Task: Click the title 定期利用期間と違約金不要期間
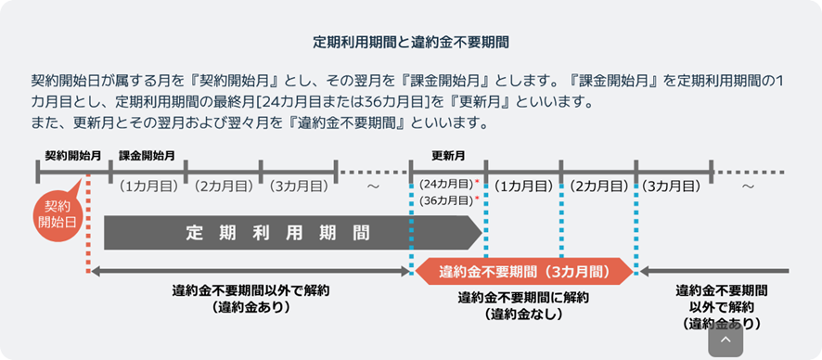click(x=411, y=42)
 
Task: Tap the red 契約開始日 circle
click(x=58, y=215)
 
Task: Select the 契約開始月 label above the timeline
click(x=72, y=156)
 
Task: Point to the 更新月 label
click(x=448, y=156)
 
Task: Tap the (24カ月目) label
click(x=445, y=184)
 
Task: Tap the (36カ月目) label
click(x=445, y=199)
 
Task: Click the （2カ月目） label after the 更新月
click(x=598, y=186)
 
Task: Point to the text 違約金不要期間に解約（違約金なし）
click(x=524, y=306)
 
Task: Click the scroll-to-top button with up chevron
click(x=726, y=341)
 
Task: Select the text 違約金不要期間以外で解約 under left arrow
click(x=250, y=290)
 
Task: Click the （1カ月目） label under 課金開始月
click(x=148, y=186)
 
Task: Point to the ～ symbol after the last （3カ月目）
click(x=748, y=186)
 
